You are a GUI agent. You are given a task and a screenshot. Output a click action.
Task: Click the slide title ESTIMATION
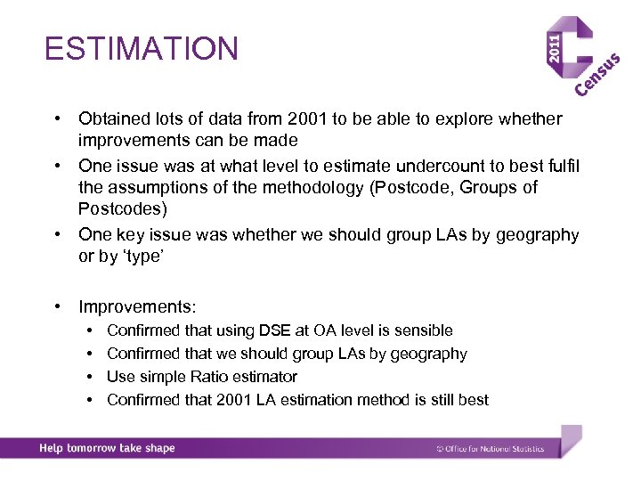(x=142, y=48)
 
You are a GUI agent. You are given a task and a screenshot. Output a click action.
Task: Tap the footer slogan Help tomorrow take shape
(x=107, y=448)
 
